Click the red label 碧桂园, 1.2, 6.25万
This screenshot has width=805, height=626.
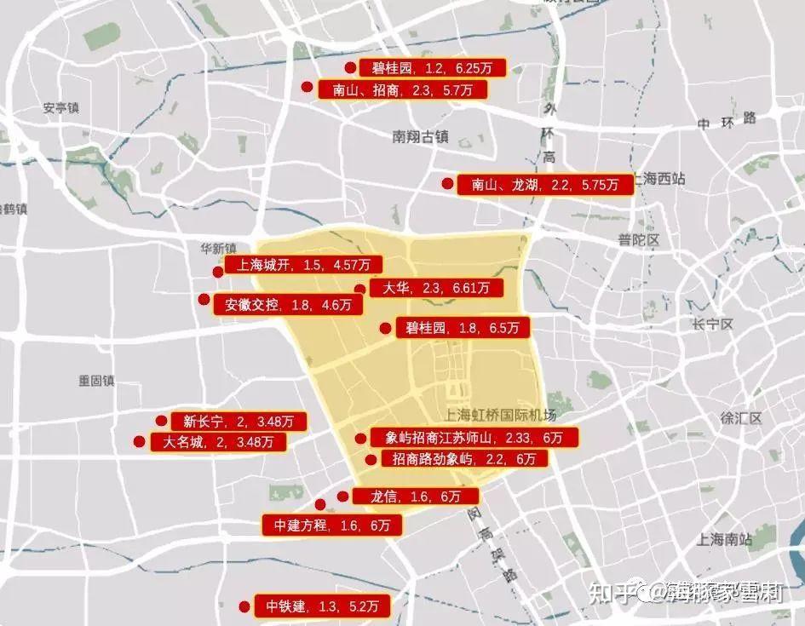tap(433, 68)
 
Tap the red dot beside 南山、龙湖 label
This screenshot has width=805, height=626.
tap(446, 183)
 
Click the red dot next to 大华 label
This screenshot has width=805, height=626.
tap(359, 290)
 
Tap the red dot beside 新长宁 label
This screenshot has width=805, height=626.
tap(161, 420)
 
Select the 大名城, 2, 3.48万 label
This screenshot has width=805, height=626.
tap(218, 442)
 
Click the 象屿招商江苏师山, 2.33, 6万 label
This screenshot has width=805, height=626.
tap(474, 438)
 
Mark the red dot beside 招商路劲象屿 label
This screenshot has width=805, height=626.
tap(370, 460)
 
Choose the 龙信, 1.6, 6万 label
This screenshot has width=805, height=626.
tap(415, 497)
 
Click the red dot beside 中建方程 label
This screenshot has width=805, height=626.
tap(320, 504)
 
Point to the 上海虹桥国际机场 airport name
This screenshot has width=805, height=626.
tap(500, 416)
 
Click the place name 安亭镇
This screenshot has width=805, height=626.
tap(60, 108)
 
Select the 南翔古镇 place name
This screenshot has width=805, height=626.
tap(421, 136)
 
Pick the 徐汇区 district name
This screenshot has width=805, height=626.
tap(739, 418)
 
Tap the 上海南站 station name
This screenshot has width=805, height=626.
tap(724, 538)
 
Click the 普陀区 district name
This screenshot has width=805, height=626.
tap(639, 240)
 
